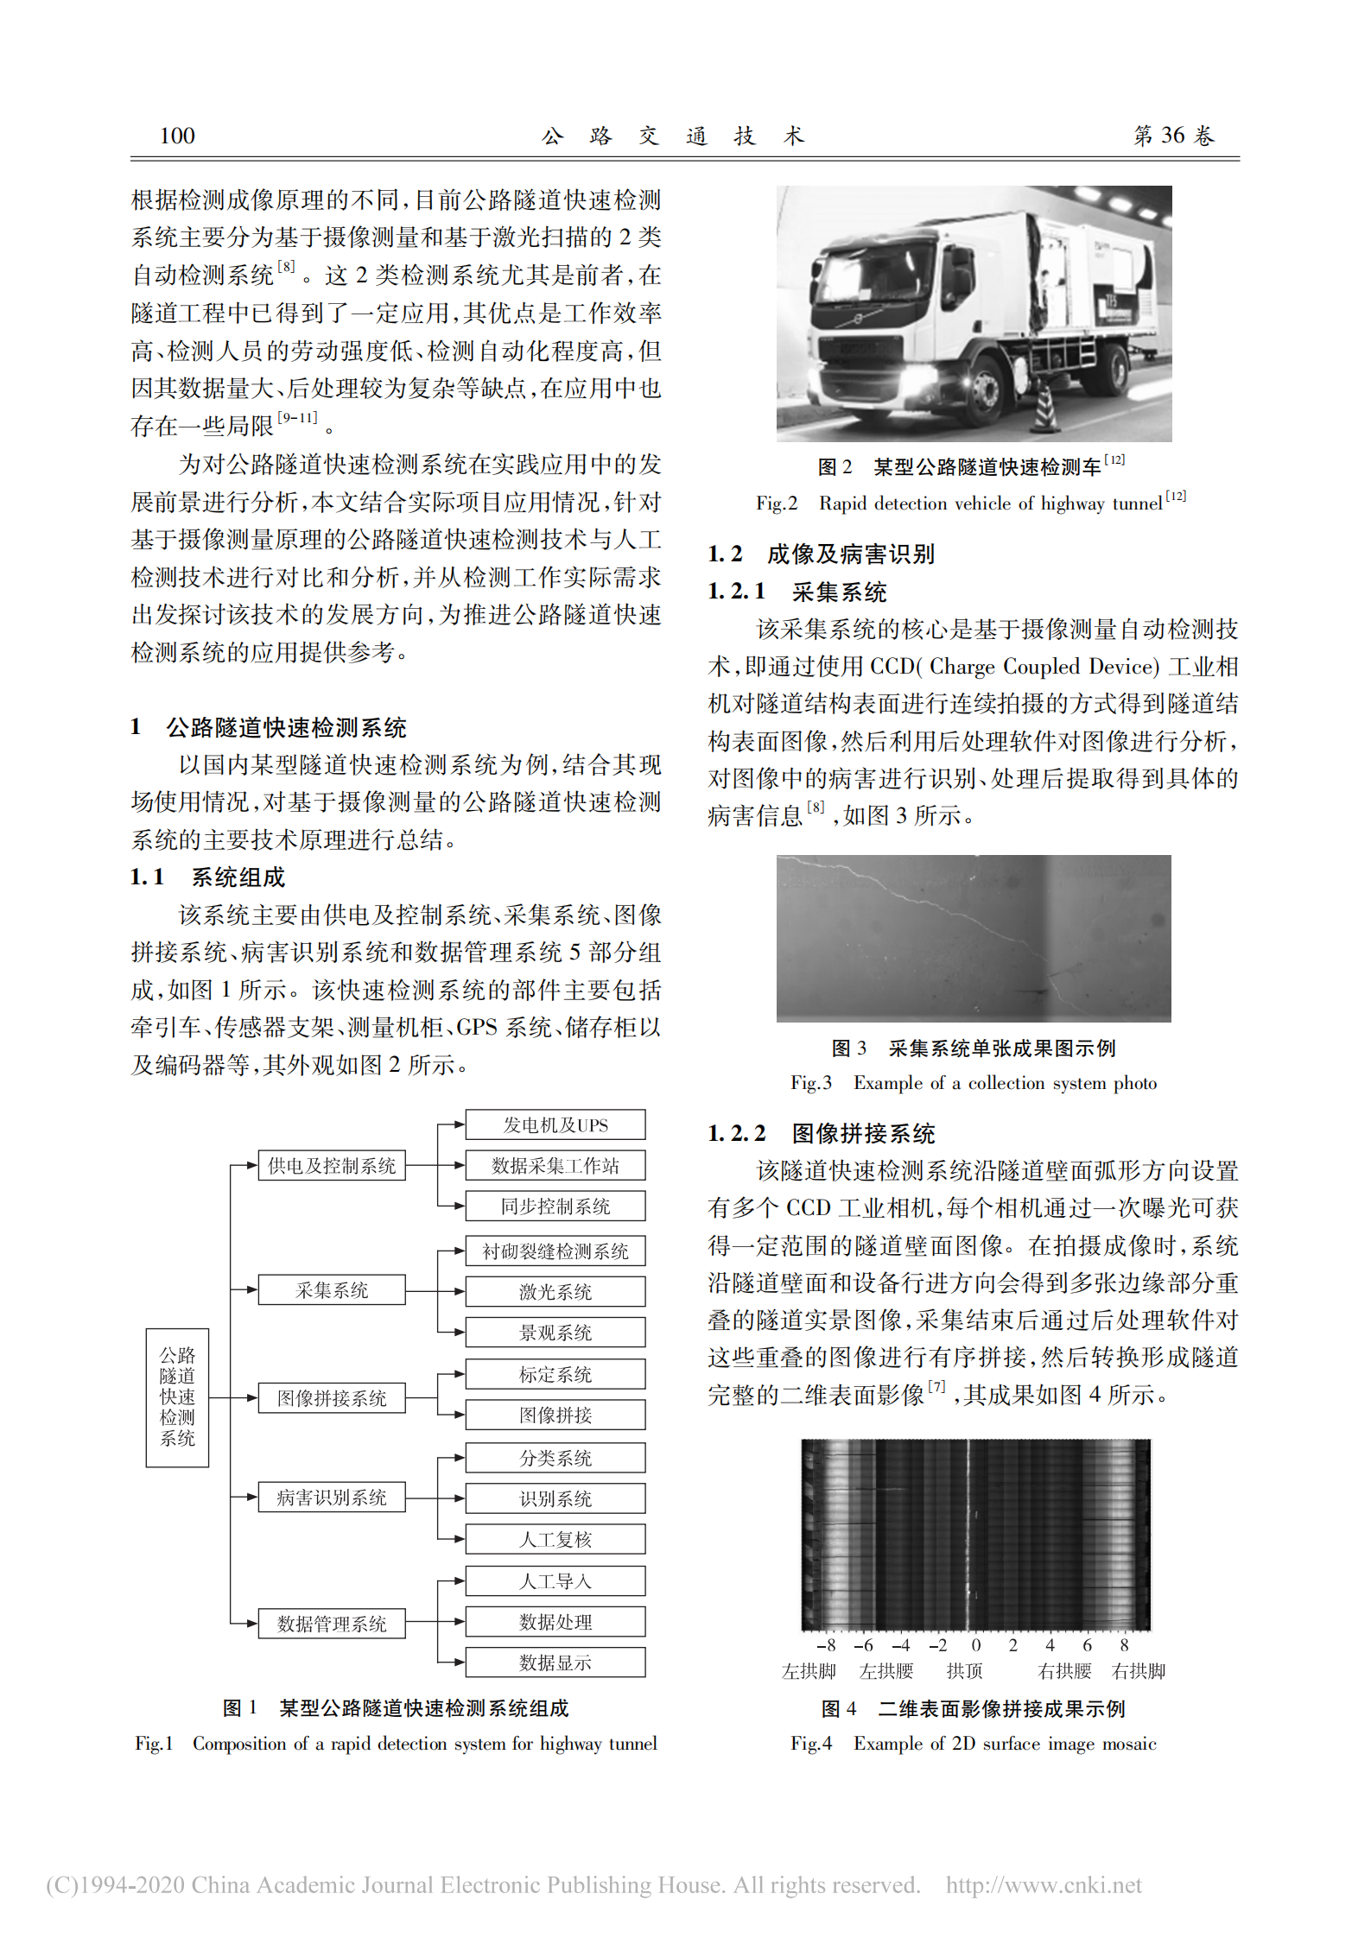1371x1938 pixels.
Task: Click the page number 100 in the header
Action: [x=177, y=136]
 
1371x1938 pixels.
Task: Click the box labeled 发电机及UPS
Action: [x=555, y=1124]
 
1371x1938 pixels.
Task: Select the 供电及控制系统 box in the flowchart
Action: [x=332, y=1165]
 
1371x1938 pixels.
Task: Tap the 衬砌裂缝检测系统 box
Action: [x=555, y=1251]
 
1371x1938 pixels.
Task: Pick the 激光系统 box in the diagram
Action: [x=555, y=1291]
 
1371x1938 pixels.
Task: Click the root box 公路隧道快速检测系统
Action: [x=177, y=1396]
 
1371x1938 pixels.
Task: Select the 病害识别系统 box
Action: [x=332, y=1497]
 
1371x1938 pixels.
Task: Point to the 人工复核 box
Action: [x=555, y=1539]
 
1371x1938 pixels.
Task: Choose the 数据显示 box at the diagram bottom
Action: [x=555, y=1662]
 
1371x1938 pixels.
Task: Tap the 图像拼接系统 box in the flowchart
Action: [x=332, y=1397]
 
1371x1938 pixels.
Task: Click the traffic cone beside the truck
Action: [x=1045, y=406]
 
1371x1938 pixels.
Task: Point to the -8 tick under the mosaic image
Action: [x=826, y=1645]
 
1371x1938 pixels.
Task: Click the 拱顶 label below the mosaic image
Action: [x=964, y=1671]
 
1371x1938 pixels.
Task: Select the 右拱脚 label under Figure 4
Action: [x=1138, y=1671]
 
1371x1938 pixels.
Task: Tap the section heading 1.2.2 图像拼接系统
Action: [x=821, y=1133]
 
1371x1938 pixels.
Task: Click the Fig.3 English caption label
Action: [x=811, y=1083]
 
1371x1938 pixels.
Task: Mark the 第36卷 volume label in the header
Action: [x=1174, y=136]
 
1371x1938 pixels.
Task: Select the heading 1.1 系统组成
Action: [x=208, y=877]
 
